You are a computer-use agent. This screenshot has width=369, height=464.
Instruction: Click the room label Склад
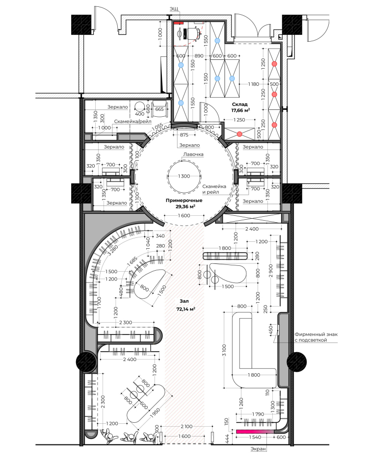pos(239,104)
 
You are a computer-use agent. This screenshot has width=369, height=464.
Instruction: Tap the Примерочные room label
pos(184,200)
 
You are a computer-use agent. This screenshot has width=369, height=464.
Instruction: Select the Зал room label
pos(184,301)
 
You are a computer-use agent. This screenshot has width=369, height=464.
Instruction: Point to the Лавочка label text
pos(193,154)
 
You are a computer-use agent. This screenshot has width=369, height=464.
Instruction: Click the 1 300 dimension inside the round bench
pos(184,176)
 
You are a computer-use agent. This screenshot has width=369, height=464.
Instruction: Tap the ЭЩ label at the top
pos(174,9)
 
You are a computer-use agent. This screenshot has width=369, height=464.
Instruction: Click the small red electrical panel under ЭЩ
pos(178,23)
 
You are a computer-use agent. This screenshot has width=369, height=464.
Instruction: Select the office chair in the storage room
pos(193,33)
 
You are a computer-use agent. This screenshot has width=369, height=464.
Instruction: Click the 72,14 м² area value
pos(185,309)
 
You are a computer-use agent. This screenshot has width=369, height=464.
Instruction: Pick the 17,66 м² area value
pos(240,110)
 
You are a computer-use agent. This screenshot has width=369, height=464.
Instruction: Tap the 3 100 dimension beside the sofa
pos(224,350)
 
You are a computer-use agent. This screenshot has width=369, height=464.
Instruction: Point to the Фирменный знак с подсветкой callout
pos(316,337)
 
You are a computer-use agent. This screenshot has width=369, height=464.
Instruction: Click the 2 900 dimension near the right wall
pos(270,271)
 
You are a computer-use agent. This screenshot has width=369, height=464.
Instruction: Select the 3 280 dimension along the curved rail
pos(113,250)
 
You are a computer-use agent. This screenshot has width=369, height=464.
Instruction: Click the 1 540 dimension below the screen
pos(255,437)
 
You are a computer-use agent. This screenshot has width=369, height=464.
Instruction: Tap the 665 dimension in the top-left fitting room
pos(159,109)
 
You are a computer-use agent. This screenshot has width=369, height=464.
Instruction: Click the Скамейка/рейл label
pos(132,121)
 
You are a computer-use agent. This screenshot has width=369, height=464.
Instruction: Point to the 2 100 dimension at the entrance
pos(186,426)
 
